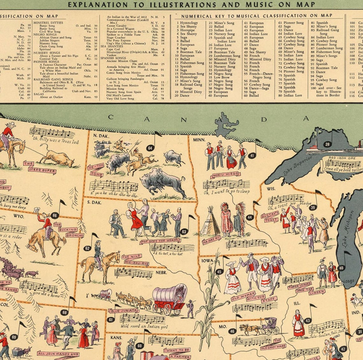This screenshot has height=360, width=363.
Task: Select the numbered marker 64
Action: click(x=150, y=148)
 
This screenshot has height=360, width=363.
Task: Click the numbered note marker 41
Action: click(x=252, y=155)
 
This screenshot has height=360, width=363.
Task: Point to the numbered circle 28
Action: click(x=327, y=145)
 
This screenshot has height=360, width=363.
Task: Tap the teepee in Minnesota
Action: click(x=210, y=221)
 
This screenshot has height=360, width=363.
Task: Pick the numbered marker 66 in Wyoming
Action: click(x=55, y=215)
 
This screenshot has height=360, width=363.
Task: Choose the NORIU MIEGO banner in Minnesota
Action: click(x=224, y=174)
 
